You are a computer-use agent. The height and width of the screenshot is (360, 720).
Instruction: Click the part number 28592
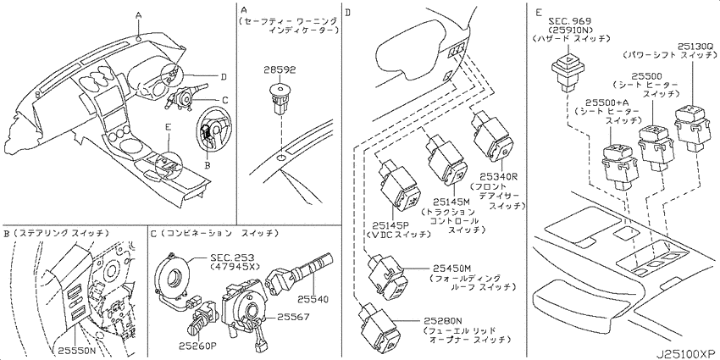[x=280, y=69]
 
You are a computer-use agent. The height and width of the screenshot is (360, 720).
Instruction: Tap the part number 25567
[x=293, y=317]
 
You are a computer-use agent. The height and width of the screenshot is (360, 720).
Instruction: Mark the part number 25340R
[x=500, y=176]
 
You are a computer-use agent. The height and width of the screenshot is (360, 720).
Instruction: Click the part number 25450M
[x=451, y=269]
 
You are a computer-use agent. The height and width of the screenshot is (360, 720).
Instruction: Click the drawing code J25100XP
[x=685, y=354]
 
